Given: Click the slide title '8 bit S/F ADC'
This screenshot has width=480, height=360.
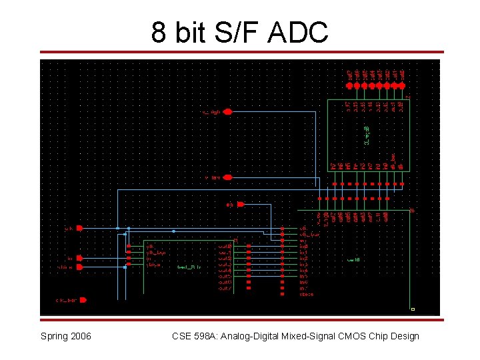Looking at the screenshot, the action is (239, 31).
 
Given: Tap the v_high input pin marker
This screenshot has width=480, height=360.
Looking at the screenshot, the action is (227, 112).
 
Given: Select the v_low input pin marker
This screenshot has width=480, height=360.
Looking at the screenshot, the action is (227, 177).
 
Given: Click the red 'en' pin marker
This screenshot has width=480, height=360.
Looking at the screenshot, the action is (241, 204).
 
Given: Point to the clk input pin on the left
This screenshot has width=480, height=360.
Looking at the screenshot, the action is (79, 228).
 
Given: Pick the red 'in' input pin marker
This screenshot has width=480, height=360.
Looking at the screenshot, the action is (80, 258).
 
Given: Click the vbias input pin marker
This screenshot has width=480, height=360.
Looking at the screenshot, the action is (80, 267).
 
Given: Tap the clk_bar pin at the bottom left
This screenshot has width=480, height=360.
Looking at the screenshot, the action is (83, 300).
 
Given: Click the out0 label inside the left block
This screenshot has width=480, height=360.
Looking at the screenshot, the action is (225, 247).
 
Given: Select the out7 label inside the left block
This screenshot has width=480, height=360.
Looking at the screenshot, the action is (225, 288).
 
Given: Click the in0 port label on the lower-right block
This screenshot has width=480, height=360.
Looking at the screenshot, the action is (304, 247).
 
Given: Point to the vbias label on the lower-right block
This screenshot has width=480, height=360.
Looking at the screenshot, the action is (306, 294).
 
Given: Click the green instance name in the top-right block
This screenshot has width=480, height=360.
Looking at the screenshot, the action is (366, 134).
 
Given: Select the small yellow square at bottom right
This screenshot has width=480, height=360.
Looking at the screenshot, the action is (413, 309).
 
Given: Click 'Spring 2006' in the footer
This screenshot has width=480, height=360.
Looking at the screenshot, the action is (66, 336).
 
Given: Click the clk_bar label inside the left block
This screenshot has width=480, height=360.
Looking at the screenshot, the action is (155, 252).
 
